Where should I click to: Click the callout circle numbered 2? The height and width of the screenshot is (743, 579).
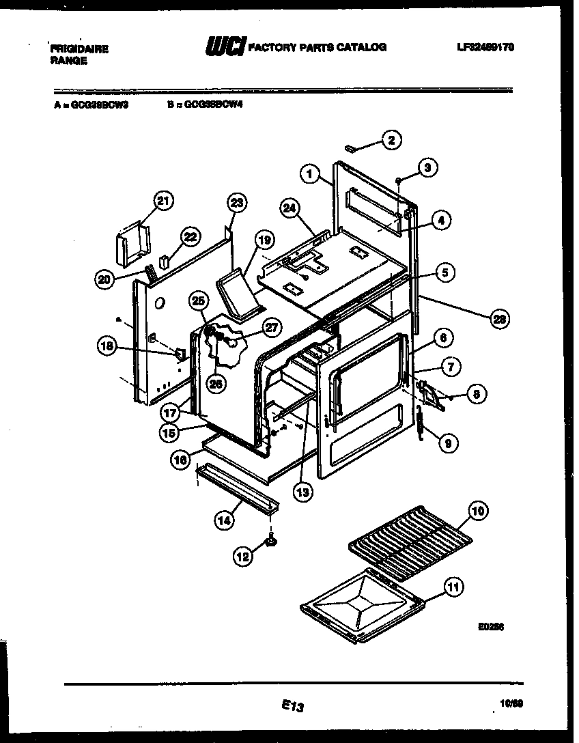tap(391, 140)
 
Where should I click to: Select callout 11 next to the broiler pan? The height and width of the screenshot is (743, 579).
tap(453, 587)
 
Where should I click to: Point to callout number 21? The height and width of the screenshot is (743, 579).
tap(163, 200)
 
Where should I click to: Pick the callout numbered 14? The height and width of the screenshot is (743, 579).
tap(224, 520)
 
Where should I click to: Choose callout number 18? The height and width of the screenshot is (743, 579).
tap(107, 346)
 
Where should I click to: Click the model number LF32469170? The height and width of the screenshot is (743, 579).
tap(485, 47)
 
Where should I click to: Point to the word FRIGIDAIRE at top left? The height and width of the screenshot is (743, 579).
tap(79, 49)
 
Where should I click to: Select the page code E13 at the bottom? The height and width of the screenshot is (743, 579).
tap(292, 707)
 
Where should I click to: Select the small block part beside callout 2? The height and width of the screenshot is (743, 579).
tap(350, 147)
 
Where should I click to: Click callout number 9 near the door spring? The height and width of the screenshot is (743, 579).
tap(448, 443)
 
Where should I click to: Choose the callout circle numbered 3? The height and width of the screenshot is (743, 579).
tap(428, 166)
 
